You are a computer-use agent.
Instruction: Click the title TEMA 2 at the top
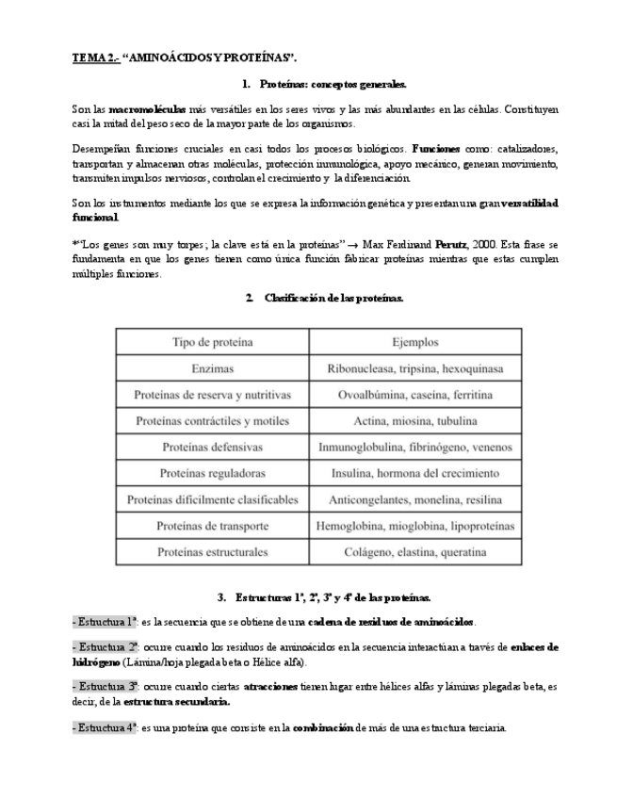pyautogui.click(x=96, y=57)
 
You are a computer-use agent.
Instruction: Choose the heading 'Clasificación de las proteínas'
pyautogui.click(x=333, y=298)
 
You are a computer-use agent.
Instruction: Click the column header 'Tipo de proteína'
pyautogui.click(x=212, y=342)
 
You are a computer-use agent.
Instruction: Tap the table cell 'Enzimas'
pyautogui.click(x=212, y=368)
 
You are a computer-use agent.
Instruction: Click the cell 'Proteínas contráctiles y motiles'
pyautogui.click(x=212, y=420)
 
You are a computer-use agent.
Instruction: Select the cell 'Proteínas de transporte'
pyautogui.click(x=212, y=525)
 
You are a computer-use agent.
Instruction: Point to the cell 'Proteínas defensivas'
pyautogui.click(x=212, y=447)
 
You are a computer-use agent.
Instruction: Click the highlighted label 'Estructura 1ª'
pyautogui.click(x=105, y=622)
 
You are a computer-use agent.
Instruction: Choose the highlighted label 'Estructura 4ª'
pyautogui.click(x=105, y=727)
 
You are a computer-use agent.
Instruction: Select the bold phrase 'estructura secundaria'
pyautogui.click(x=176, y=701)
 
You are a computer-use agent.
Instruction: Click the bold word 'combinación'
pyautogui.click(x=326, y=727)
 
